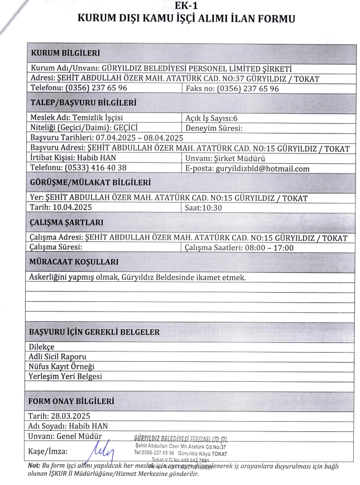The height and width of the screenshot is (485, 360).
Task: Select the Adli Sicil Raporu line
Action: [57, 357]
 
